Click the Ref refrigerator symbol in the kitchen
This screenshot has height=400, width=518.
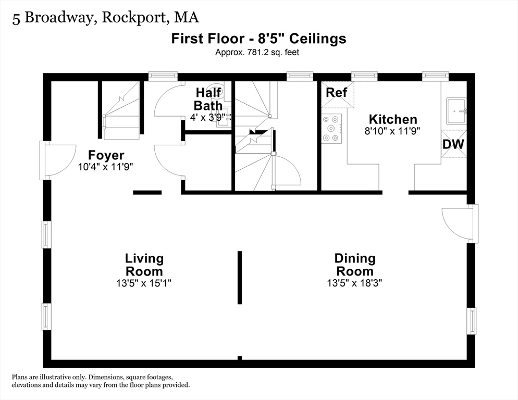click(338, 95)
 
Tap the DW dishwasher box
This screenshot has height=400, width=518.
click(454, 144)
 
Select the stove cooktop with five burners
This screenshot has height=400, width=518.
click(331, 128)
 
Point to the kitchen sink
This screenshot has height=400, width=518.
click(456, 111)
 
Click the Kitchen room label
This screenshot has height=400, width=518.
click(393, 119)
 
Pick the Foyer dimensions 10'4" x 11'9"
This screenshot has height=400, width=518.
click(106, 167)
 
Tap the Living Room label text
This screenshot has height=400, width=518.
click(144, 265)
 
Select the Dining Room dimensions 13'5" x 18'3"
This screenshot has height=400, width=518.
click(354, 283)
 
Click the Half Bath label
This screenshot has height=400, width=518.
click(208, 99)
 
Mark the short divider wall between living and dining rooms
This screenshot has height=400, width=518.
click(240, 278)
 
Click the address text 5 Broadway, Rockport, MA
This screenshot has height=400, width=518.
click(106, 18)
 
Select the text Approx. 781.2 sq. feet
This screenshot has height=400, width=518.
click(257, 52)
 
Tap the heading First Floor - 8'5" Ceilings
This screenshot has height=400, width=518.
click(258, 39)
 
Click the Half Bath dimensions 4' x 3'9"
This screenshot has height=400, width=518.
click(208, 117)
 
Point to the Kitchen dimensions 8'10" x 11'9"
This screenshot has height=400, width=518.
click(392, 131)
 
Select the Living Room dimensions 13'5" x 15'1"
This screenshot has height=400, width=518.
click(144, 283)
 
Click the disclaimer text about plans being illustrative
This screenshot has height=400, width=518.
click(101, 381)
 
